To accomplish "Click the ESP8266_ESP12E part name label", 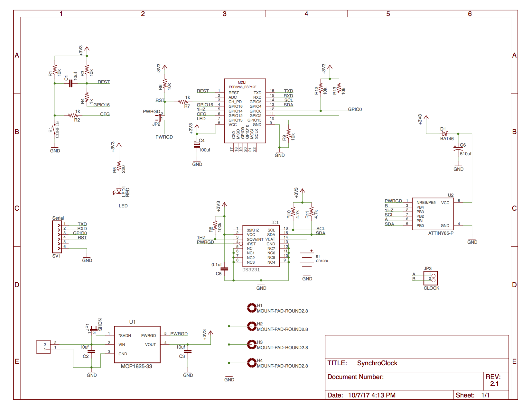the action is [242, 87].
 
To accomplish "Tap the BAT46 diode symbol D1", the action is [444, 134].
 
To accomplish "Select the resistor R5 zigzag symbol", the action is [119, 166].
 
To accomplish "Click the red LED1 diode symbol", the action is [119, 191].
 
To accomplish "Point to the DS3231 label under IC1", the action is [251, 270].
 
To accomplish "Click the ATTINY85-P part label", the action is [441, 233].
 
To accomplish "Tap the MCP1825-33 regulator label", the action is [136, 367].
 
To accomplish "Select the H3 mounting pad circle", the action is [251, 344].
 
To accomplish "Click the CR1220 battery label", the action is [322, 261].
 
